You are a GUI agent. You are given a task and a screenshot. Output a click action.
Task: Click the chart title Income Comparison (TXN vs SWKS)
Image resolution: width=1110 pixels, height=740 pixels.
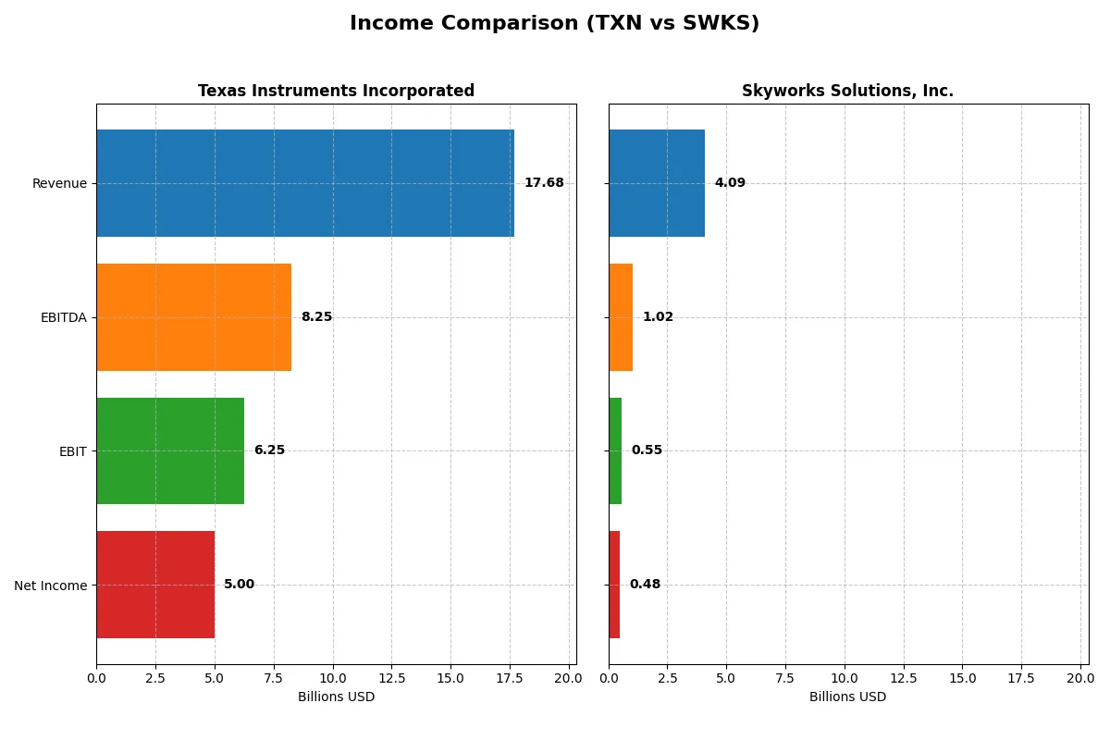click(554, 24)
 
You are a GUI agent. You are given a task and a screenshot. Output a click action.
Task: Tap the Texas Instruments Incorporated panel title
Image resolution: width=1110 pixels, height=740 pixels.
click(336, 91)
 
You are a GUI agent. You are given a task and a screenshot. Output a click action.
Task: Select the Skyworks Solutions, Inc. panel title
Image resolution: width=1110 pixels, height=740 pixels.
click(847, 91)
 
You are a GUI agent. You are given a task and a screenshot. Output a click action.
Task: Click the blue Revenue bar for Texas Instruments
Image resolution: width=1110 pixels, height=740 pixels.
click(305, 183)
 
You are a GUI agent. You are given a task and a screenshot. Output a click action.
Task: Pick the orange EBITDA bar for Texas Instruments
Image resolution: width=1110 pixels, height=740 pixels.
click(193, 317)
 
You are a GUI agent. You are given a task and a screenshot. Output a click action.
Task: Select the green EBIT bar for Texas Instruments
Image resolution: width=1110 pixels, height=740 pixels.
click(170, 450)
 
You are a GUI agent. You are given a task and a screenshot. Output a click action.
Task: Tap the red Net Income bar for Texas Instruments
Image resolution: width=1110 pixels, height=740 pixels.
click(155, 585)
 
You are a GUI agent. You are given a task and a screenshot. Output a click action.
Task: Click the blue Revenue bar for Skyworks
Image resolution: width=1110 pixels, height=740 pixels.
click(657, 183)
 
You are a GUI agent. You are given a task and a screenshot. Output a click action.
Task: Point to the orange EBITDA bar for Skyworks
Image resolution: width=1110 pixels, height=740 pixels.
click(621, 317)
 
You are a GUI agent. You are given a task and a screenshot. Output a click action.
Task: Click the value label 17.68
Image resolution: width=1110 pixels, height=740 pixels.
click(544, 183)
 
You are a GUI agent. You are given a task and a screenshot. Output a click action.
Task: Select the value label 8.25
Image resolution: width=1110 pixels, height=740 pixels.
click(316, 317)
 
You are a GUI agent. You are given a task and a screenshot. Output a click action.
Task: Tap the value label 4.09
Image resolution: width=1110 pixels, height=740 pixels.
click(730, 183)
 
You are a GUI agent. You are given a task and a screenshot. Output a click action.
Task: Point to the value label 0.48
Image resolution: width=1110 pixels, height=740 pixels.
click(645, 585)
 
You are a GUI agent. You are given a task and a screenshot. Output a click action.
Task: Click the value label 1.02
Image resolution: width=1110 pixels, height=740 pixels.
click(658, 317)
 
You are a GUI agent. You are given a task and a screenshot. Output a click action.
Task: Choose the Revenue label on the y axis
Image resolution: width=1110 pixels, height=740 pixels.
click(59, 183)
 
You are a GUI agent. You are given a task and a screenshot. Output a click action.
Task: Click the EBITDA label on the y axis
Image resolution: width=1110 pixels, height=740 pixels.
click(63, 317)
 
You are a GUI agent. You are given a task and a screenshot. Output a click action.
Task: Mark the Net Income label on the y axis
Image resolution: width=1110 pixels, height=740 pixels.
click(50, 585)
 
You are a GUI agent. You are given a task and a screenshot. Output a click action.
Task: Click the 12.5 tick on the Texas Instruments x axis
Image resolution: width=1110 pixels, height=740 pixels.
click(391, 678)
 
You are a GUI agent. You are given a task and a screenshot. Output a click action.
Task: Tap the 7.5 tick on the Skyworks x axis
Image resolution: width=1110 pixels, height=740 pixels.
click(785, 678)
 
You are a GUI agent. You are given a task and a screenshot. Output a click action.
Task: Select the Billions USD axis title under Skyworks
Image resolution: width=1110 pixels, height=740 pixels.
click(847, 697)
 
